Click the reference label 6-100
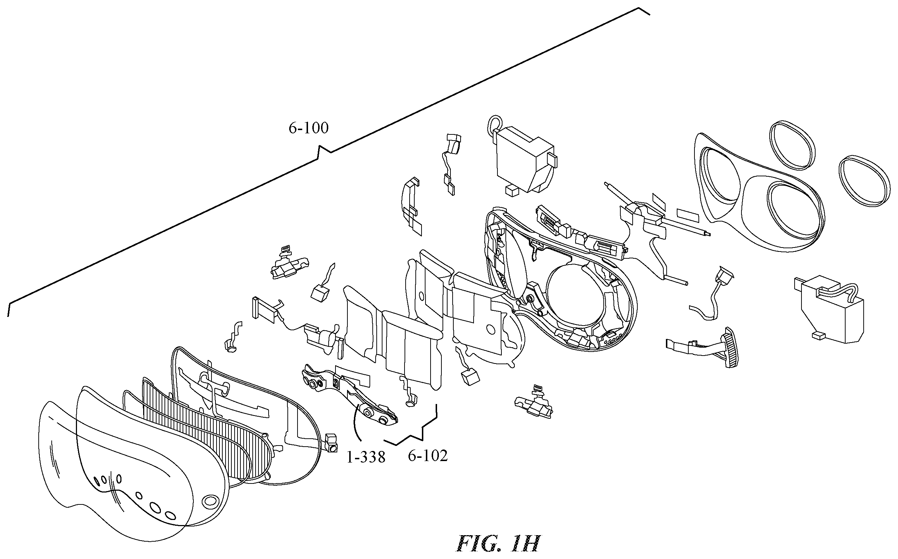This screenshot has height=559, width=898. [308, 128]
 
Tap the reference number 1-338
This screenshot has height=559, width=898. [365, 458]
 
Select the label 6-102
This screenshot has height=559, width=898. [428, 456]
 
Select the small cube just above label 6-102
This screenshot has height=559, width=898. [470, 377]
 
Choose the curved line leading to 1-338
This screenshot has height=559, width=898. [356, 425]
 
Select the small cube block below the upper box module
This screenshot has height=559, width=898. [512, 190]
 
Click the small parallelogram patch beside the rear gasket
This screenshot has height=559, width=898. [688, 215]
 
